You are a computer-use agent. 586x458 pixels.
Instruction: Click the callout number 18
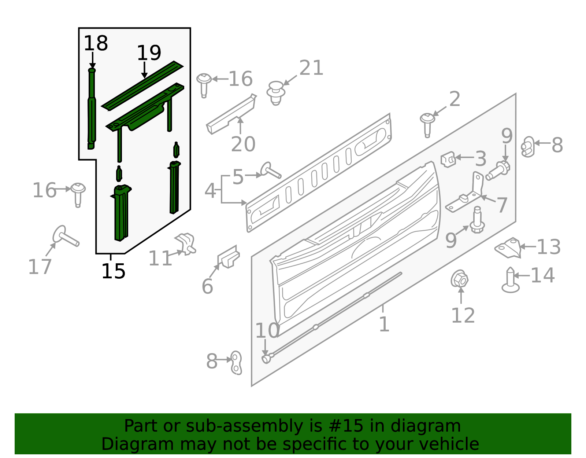click(x=96, y=44)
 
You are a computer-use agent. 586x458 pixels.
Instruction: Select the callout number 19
click(x=149, y=53)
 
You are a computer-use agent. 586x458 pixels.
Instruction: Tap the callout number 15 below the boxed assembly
click(x=113, y=272)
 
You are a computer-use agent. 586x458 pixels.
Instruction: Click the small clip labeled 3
click(x=448, y=159)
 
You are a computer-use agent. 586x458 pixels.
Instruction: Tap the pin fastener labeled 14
click(x=511, y=280)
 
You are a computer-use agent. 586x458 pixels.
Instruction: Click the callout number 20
click(x=243, y=144)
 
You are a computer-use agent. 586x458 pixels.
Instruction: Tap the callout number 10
click(x=267, y=331)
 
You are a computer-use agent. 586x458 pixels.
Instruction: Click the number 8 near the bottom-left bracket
click(x=212, y=361)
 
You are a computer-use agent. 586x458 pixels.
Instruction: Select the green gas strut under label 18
click(x=92, y=110)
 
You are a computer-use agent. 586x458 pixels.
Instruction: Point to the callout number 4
click(x=210, y=191)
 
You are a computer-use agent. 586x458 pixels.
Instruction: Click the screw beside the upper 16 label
click(x=204, y=84)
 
